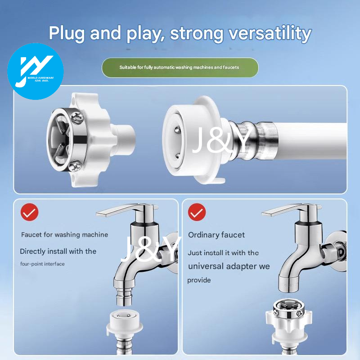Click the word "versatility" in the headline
click(270, 33)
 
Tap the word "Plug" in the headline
click(66, 33)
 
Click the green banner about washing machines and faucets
click(180, 67)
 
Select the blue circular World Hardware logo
click(36, 72)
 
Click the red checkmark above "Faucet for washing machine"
click(29, 212)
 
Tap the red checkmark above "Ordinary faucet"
click(197, 212)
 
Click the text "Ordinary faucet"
click(216, 235)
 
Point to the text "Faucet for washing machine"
click(64, 234)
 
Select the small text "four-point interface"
click(42, 264)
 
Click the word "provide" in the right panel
click(199, 280)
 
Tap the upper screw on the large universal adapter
click(77, 118)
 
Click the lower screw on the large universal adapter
click(75, 166)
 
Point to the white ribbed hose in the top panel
click(310, 141)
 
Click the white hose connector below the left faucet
click(125, 324)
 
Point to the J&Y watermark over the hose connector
click(221, 140)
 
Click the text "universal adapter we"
click(229, 266)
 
